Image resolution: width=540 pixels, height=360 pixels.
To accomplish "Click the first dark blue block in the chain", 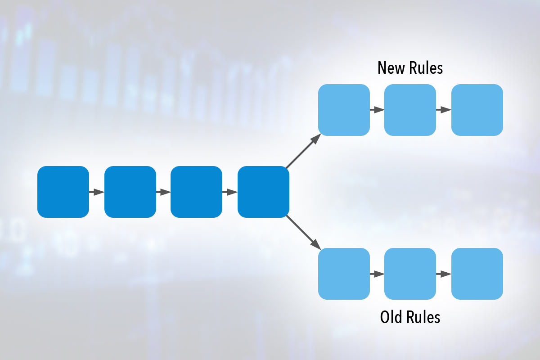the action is click(x=63, y=192).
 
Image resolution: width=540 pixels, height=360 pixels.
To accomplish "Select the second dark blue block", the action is click(x=130, y=192).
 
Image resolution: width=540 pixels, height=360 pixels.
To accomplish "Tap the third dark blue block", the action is click(x=196, y=192).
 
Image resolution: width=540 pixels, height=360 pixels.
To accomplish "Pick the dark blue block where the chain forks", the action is click(x=264, y=192).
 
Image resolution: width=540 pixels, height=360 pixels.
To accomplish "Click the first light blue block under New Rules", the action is click(x=344, y=110).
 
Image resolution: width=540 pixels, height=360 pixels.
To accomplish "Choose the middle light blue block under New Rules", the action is click(x=410, y=110).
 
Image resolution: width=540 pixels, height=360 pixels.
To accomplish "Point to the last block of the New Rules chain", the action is click(x=477, y=110).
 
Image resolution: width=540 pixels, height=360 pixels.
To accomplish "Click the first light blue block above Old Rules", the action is click(x=344, y=274).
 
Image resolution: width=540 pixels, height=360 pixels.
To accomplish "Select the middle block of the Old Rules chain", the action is click(x=410, y=274).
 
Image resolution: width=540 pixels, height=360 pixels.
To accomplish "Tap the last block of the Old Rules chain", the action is click(x=477, y=274).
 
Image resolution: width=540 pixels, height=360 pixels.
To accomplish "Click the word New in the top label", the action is click(x=391, y=68).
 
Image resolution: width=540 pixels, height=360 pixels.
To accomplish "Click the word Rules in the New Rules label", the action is click(x=426, y=68).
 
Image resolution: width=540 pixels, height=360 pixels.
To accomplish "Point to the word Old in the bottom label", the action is click(x=391, y=317).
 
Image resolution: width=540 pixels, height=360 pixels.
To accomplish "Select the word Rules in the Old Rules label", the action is click(x=423, y=317).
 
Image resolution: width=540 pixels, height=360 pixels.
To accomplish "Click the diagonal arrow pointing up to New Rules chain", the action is click(x=303, y=151).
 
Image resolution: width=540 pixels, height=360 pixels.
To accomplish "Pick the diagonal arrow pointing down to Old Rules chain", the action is click(x=303, y=233).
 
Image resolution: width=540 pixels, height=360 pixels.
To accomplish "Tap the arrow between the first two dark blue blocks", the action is click(x=97, y=192).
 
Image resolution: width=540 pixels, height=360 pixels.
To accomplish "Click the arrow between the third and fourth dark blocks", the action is click(x=230, y=192).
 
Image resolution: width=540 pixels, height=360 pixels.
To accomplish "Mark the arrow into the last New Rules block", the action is click(x=444, y=110).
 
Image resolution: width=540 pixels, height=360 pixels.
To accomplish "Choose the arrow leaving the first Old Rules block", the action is click(x=377, y=274).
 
